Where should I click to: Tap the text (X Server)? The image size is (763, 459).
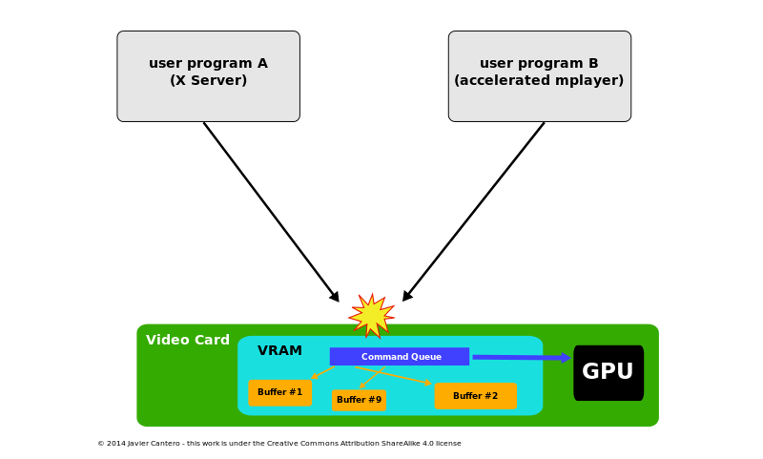click(208, 81)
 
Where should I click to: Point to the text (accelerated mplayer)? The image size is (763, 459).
click(539, 81)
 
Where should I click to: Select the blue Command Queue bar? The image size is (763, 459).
click(399, 357)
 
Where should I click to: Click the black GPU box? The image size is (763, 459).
click(608, 372)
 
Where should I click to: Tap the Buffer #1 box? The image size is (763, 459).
click(279, 393)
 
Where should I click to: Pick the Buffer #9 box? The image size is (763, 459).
click(359, 400)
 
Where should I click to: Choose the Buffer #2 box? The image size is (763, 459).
click(475, 396)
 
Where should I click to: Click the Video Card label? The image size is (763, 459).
click(187, 341)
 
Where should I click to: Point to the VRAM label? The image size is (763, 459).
click(279, 351)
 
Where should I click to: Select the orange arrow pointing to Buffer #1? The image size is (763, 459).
click(322, 373)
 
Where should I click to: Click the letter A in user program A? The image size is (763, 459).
click(261, 64)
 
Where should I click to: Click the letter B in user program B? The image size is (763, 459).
click(593, 64)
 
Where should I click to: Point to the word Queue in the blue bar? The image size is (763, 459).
click(426, 357)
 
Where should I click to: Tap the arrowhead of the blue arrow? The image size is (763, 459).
click(566, 358)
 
